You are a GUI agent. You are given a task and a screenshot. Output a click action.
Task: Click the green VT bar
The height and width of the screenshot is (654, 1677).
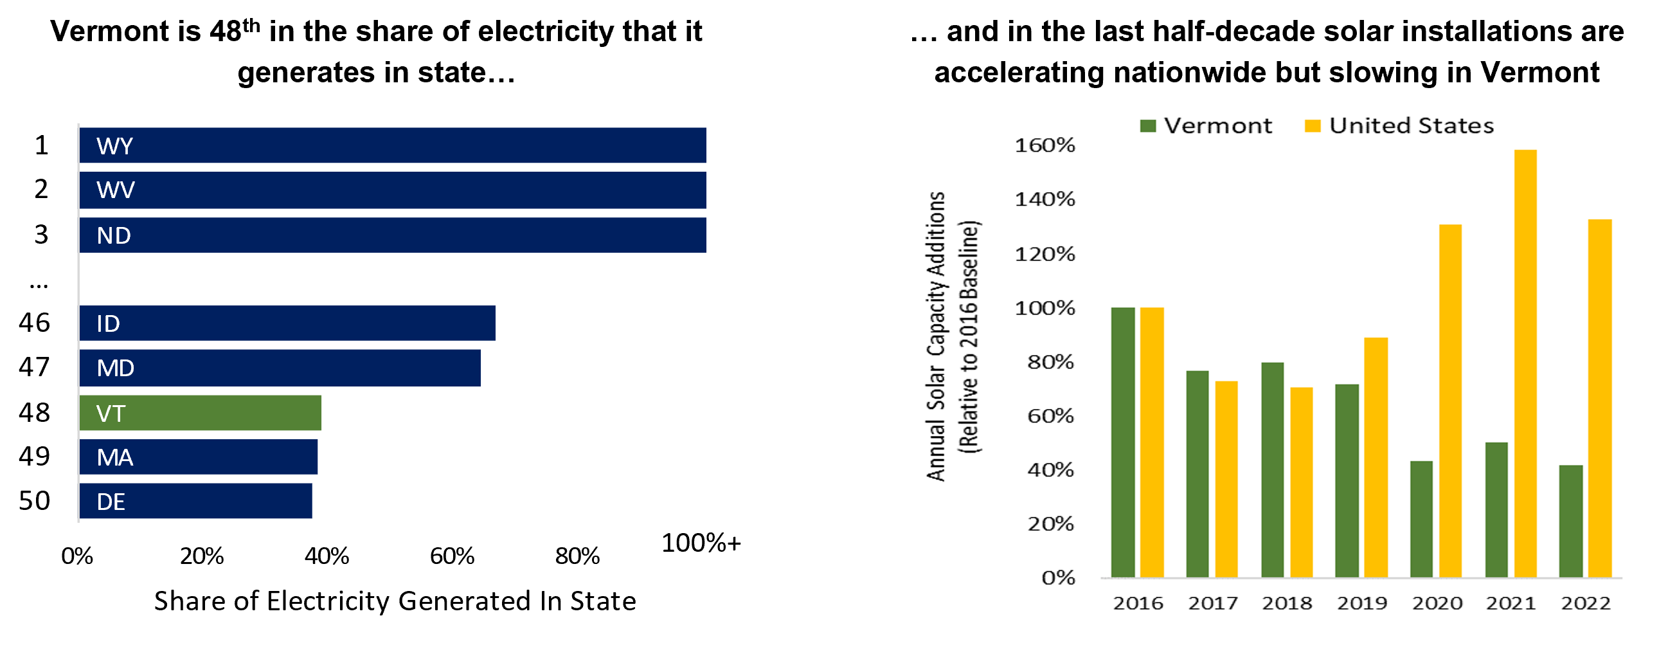[x=201, y=413]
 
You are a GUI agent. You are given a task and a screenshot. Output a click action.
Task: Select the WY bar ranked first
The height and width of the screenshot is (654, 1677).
[x=393, y=145]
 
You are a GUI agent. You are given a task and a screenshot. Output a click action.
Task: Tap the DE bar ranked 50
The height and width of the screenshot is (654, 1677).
[x=195, y=501]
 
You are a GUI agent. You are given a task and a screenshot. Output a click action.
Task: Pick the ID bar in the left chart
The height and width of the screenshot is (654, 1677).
[x=287, y=323]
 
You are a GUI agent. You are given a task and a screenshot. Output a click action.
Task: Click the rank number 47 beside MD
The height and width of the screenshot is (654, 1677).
[x=34, y=367]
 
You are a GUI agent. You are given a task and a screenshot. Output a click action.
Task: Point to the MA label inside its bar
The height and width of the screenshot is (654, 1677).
[x=114, y=457]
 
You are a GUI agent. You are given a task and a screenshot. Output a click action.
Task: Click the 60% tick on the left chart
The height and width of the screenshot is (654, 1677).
[x=452, y=556]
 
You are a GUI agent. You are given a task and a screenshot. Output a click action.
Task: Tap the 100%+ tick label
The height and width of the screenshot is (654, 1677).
[x=701, y=543]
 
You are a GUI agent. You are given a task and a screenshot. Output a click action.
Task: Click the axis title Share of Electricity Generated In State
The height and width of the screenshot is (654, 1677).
[x=395, y=601]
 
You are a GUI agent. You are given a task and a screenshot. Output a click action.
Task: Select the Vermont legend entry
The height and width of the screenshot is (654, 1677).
[x=1206, y=125]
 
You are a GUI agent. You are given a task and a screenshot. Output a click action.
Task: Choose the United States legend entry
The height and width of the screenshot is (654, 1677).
[x=1400, y=125]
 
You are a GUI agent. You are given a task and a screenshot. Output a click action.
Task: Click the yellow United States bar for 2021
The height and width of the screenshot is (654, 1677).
[x=1525, y=363]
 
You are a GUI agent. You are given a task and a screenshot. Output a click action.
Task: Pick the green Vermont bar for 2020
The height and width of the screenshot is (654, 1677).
[x=1421, y=519]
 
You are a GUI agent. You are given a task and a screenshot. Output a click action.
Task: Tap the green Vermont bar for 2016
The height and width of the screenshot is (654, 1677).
[x=1123, y=442]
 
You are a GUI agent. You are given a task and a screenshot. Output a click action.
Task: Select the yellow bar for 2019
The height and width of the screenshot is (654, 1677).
[x=1376, y=457]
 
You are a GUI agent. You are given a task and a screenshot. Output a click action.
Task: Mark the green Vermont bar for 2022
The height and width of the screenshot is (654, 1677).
[x=1570, y=521]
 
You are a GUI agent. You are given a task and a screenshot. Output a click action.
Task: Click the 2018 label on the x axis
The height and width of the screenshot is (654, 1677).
[x=1287, y=603]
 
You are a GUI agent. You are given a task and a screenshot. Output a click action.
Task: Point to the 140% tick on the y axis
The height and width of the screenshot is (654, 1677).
[x=1045, y=199]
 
